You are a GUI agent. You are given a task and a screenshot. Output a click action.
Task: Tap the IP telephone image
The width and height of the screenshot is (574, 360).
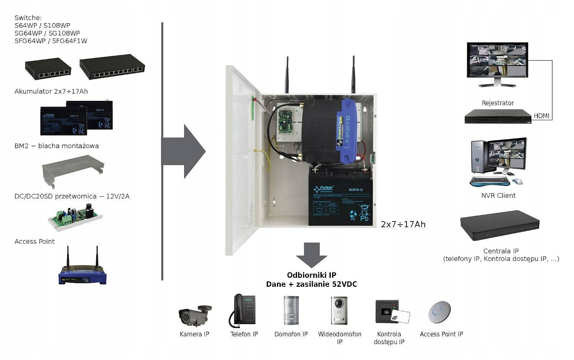pyautogui.click(x=243, y=310)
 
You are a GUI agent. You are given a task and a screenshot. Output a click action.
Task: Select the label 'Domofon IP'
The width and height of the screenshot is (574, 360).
pyautogui.click(x=291, y=334)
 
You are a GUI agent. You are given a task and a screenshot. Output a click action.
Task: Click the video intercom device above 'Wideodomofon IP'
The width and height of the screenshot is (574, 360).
pyautogui.click(x=339, y=310)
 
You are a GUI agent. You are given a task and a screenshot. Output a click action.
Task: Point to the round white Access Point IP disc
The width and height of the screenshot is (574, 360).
pyautogui.click(x=439, y=311)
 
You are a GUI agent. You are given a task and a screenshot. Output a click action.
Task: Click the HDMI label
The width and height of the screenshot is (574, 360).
pyautogui.click(x=541, y=116)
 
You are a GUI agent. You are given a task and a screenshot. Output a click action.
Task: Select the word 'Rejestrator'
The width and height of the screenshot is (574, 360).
pyautogui.click(x=498, y=103)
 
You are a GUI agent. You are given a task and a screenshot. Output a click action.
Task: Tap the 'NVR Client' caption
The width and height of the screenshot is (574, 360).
pyautogui.click(x=498, y=196)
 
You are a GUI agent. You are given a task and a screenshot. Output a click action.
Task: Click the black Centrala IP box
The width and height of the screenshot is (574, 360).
pyautogui.click(x=500, y=225)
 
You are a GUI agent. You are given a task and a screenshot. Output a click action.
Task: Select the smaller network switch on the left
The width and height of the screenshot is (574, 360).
pyautogui.click(x=48, y=68)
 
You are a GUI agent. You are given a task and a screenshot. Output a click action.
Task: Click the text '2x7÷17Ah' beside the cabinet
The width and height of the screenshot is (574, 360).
pyautogui.click(x=403, y=225)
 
